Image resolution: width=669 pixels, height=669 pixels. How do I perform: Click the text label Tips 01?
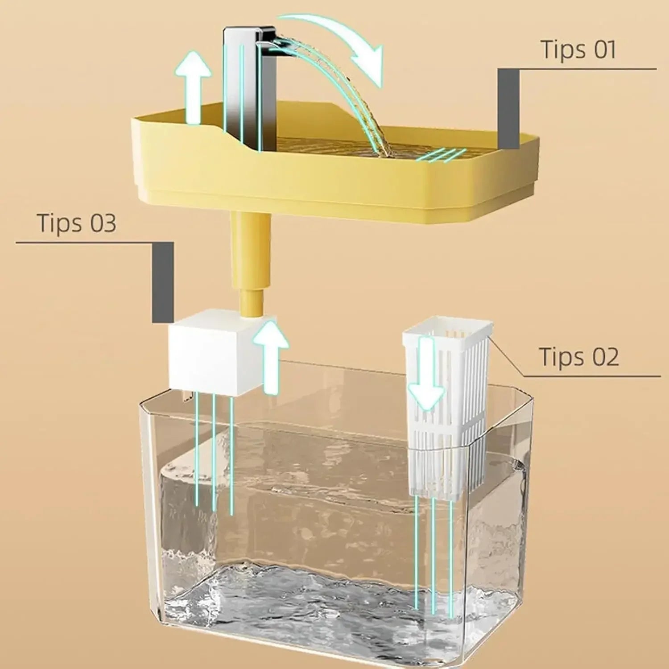578,50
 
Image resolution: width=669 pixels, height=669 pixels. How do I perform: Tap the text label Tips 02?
579,357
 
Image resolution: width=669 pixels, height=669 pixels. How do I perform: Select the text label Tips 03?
77,223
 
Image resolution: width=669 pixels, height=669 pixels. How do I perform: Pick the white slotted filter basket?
446,401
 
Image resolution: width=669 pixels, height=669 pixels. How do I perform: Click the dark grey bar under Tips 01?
508,109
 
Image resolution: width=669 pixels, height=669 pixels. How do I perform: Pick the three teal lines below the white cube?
214,450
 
